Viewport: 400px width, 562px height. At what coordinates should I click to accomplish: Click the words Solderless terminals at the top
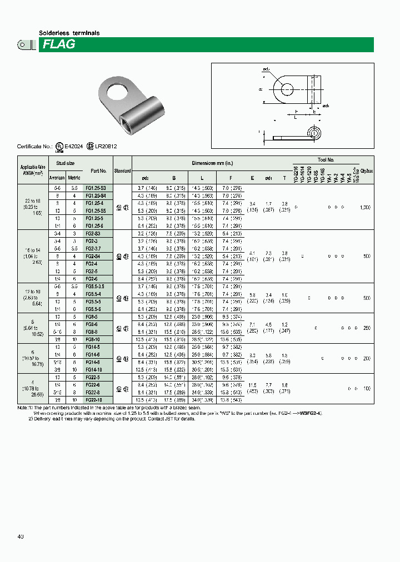click(69, 33)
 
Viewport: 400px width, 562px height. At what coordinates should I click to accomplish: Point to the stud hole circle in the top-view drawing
click(287, 88)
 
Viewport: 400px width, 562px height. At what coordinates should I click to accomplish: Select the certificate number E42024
click(73, 147)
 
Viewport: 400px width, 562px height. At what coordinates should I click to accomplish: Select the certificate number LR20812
click(106, 147)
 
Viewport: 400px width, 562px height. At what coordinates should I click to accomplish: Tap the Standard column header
click(122, 171)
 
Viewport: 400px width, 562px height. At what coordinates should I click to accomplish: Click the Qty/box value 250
click(366, 328)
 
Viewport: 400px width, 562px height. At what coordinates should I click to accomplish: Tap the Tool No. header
click(326, 160)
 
